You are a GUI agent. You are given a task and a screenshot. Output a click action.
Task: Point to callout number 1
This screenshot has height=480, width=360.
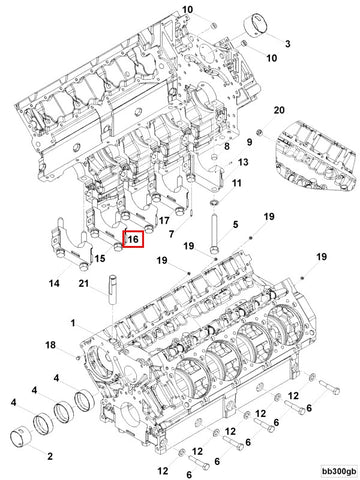coord(73,321)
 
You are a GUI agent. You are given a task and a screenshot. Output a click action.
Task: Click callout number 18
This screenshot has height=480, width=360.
coord(50,344)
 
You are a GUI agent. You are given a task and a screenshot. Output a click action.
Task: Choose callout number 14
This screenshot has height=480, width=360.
coord(55,283)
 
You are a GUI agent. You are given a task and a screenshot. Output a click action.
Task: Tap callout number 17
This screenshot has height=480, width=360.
coord(164,219)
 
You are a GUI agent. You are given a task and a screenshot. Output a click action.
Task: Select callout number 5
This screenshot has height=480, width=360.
coord(235,226)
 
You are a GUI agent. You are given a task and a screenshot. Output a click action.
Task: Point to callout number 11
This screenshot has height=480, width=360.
coord(237,184)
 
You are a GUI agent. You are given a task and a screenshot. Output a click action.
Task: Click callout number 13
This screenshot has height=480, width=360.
coord(243,162)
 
